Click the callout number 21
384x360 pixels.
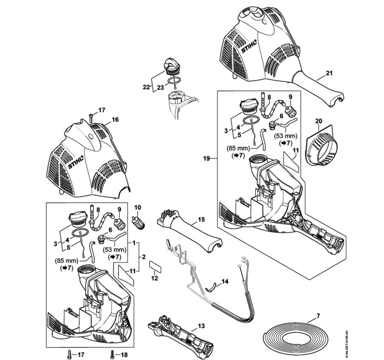tap(329, 73)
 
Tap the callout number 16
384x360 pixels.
tap(115, 120)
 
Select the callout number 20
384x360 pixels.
tap(319, 122)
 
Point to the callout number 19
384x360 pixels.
tap(207, 158)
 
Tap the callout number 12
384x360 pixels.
tap(155, 278)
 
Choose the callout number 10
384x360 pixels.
tap(138, 207)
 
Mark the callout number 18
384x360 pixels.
tap(124, 355)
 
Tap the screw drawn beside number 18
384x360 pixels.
tap(112, 354)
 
